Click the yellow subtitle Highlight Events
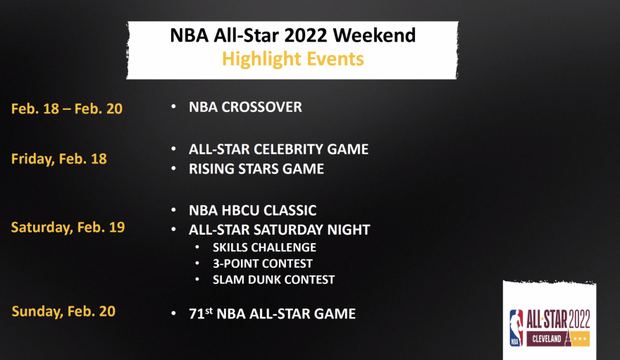292,59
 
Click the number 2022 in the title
305,35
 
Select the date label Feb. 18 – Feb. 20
67,108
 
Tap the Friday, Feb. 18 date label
59,159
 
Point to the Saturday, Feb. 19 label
68,228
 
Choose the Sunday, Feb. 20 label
63,311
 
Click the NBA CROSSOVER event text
245,107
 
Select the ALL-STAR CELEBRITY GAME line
278,149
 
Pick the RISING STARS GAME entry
256,169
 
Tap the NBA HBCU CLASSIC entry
253,210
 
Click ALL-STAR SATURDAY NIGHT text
279,230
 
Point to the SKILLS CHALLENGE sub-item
264,247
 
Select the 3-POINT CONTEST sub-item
263,263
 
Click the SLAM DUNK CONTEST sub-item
273,280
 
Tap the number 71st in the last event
201,314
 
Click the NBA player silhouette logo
516,328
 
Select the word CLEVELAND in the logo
547,339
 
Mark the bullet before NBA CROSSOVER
173,106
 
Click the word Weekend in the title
374,35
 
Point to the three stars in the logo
580,339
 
